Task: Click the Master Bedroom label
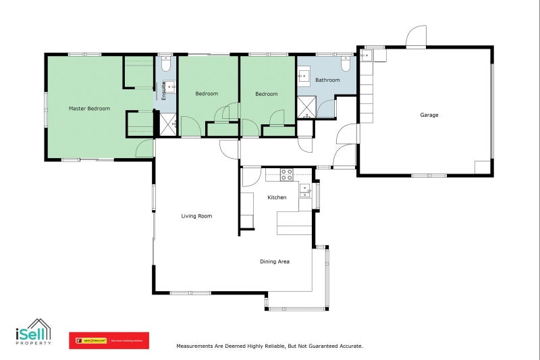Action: click(x=89, y=108)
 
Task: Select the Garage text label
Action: click(x=429, y=115)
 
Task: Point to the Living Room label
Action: click(x=196, y=216)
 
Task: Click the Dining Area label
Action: click(x=275, y=261)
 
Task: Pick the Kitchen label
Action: click(x=277, y=197)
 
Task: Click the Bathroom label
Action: click(x=327, y=80)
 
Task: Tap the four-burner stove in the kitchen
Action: click(x=286, y=174)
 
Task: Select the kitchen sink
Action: click(x=305, y=190)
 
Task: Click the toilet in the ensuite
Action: click(x=166, y=63)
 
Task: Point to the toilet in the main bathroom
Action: click(x=346, y=65)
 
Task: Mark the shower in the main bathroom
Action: click(x=306, y=106)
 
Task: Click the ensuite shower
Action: click(x=167, y=124)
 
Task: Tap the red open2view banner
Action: click(x=109, y=340)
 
